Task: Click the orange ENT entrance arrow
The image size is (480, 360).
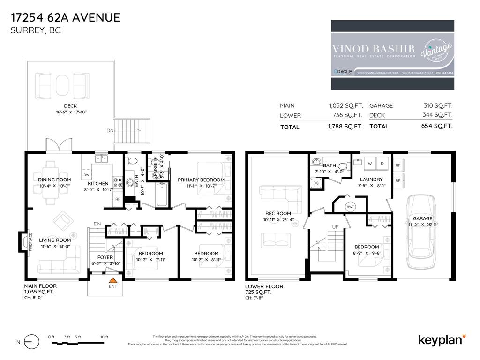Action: (x=112, y=279)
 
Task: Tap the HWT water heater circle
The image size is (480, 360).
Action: (x=350, y=207)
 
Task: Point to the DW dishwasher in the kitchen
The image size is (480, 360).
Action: (x=86, y=175)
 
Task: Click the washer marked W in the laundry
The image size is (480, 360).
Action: (x=370, y=164)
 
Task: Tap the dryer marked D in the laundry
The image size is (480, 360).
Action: (x=382, y=164)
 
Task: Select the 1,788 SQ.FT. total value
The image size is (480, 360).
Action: (x=346, y=127)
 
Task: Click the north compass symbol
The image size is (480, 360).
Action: (x=31, y=342)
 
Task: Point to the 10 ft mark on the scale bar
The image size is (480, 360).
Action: (x=104, y=337)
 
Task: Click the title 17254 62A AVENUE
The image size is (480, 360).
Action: (x=65, y=18)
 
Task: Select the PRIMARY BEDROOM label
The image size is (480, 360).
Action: (x=201, y=180)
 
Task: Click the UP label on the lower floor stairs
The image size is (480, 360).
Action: (x=335, y=227)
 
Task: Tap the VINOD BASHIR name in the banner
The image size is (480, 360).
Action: (x=374, y=48)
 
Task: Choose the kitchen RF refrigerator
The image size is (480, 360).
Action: (x=118, y=199)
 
